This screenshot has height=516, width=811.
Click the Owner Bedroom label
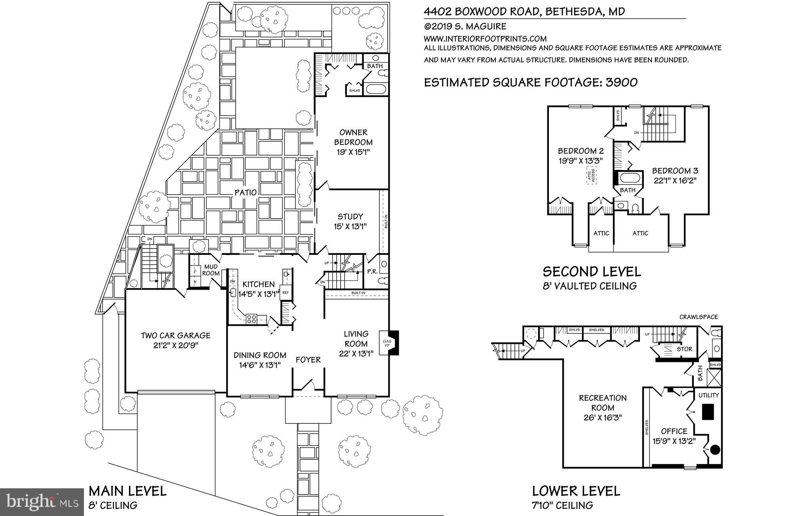[x=353, y=137]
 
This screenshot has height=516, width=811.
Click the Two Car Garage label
[x=175, y=335]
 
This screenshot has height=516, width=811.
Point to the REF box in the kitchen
[x=285, y=293]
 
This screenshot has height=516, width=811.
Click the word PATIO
[x=245, y=192]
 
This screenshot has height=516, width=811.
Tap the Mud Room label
[x=211, y=271]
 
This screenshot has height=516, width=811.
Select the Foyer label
[x=308, y=360]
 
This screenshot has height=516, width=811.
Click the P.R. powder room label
[x=372, y=271]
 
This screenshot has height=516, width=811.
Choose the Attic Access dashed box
[x=591, y=175]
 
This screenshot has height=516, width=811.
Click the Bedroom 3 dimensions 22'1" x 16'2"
[x=675, y=180]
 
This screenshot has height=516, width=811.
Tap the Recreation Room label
[x=603, y=402]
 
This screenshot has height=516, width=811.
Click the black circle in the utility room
[x=715, y=450]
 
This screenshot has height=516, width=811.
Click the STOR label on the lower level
[x=684, y=349]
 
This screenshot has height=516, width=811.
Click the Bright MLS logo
[x=42, y=502]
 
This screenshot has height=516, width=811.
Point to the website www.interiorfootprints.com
[x=485, y=39]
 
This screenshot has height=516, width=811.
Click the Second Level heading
[x=591, y=271]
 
